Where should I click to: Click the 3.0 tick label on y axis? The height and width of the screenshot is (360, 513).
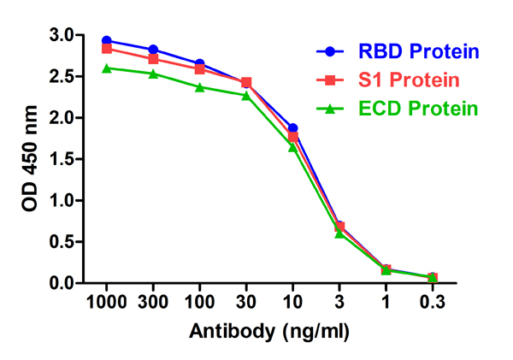62,36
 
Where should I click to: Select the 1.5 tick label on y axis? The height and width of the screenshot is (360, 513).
62,159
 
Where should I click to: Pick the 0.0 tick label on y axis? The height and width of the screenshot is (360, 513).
62,283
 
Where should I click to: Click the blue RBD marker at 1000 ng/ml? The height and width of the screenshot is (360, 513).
107,41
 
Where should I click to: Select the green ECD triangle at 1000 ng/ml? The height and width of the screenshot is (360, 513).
107,68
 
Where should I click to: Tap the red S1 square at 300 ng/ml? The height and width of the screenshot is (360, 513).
153,59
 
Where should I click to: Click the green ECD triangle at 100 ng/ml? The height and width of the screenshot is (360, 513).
200,87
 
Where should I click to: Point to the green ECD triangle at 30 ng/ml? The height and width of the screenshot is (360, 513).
246,95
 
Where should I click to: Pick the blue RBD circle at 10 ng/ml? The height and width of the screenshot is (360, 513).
293,127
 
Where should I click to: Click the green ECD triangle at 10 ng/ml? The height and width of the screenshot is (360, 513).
293,147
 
